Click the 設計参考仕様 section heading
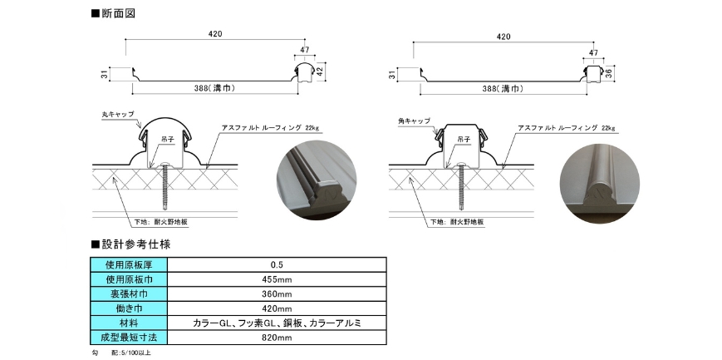tap(135, 244)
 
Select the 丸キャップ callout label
tap(117, 114)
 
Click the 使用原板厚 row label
tap(132, 264)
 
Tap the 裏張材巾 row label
tap(132, 293)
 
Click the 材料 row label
tap(132, 323)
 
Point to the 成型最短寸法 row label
tap(132, 338)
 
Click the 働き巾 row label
tap(132, 308)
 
